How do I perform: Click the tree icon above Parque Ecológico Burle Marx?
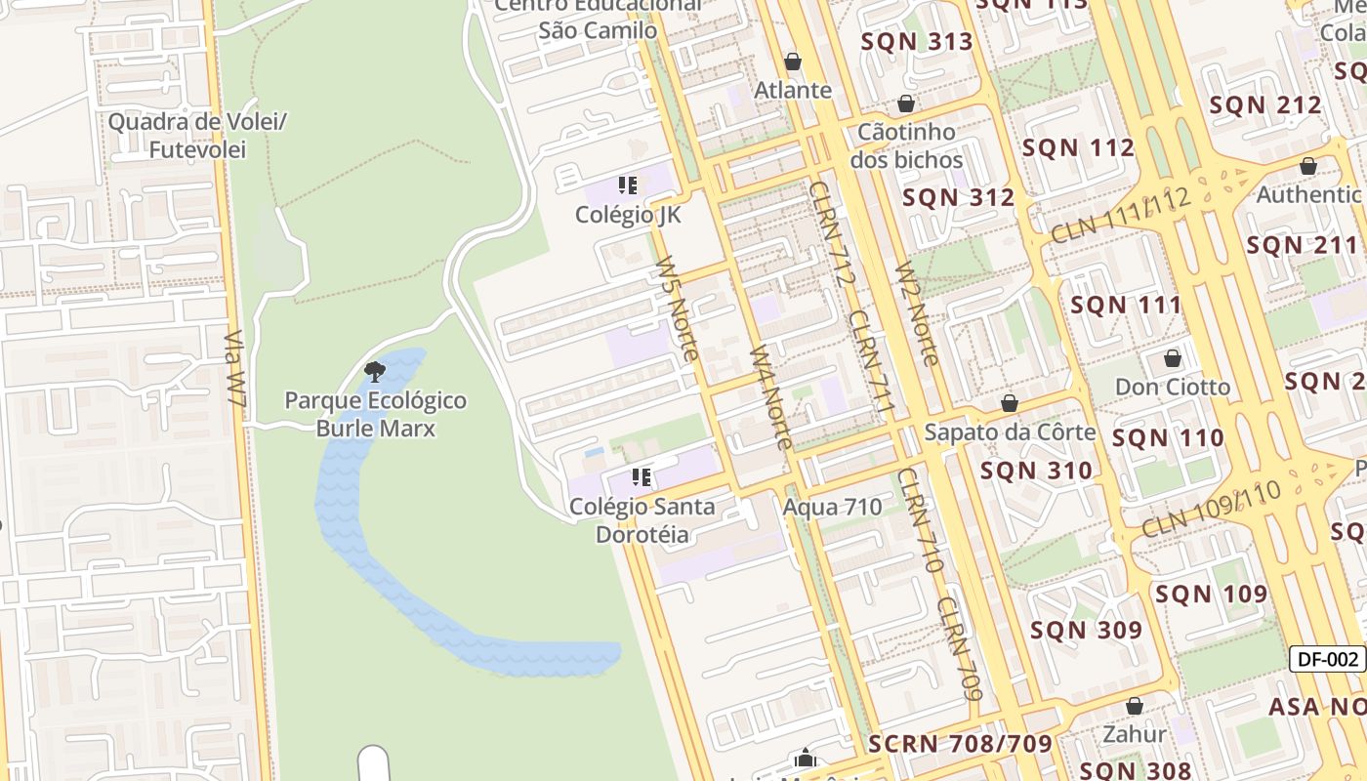click(374, 371)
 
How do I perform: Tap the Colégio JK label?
click(628, 215)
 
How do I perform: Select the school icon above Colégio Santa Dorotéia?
click(642, 477)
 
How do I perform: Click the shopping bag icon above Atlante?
click(793, 62)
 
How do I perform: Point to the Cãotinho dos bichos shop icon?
click(906, 103)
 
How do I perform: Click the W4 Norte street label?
click(770, 397)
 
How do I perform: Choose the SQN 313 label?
click(917, 41)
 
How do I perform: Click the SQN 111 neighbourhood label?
click(1126, 305)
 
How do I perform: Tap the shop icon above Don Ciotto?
click(1173, 358)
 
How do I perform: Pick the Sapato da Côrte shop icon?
click(1010, 403)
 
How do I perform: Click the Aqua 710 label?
click(832, 507)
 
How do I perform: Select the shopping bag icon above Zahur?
click(1135, 706)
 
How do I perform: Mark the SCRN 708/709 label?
click(960, 744)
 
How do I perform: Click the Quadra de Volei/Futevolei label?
click(197, 136)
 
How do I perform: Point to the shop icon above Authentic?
click(1308, 166)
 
